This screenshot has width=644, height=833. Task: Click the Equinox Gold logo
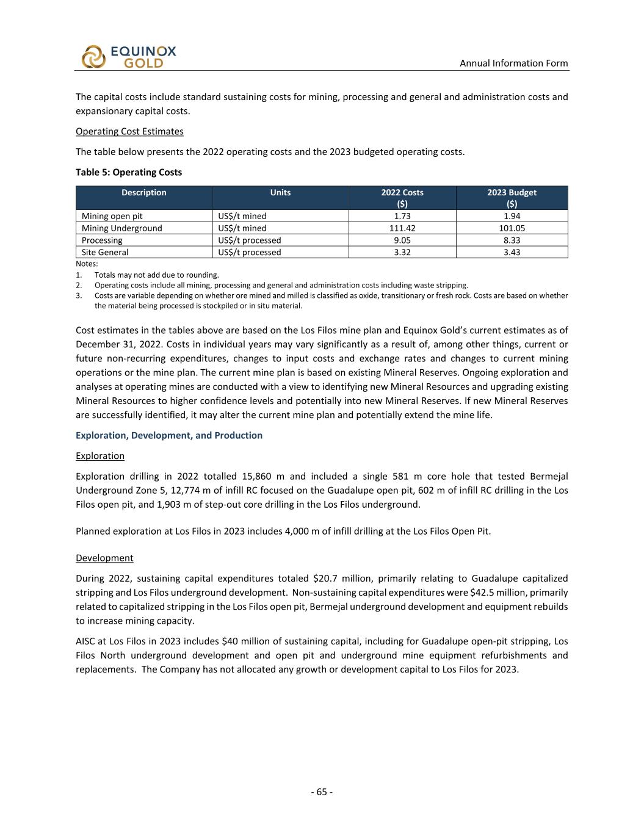tap(128, 57)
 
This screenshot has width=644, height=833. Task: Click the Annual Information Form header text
tap(513, 63)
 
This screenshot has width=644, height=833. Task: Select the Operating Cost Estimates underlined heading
tap(129, 131)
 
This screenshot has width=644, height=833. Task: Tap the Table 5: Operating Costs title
tap(129, 172)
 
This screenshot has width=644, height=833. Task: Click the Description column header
tap(144, 193)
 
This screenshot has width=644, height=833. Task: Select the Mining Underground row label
tap(122, 228)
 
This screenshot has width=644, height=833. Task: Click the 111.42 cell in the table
tap(402, 228)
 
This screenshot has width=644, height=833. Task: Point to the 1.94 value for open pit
tap(512, 216)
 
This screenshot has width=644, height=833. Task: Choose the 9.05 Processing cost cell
tap(402, 240)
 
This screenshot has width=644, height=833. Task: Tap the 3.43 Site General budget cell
tap(512, 252)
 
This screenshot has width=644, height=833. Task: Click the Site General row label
tap(105, 252)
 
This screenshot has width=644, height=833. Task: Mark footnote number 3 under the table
tap(79, 296)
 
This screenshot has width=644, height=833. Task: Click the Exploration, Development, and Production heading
tap(169, 435)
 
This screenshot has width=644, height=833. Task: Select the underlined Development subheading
tap(104, 558)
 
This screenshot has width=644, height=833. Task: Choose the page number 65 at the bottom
tap(322, 792)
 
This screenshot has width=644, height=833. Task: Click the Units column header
tap(280, 193)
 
